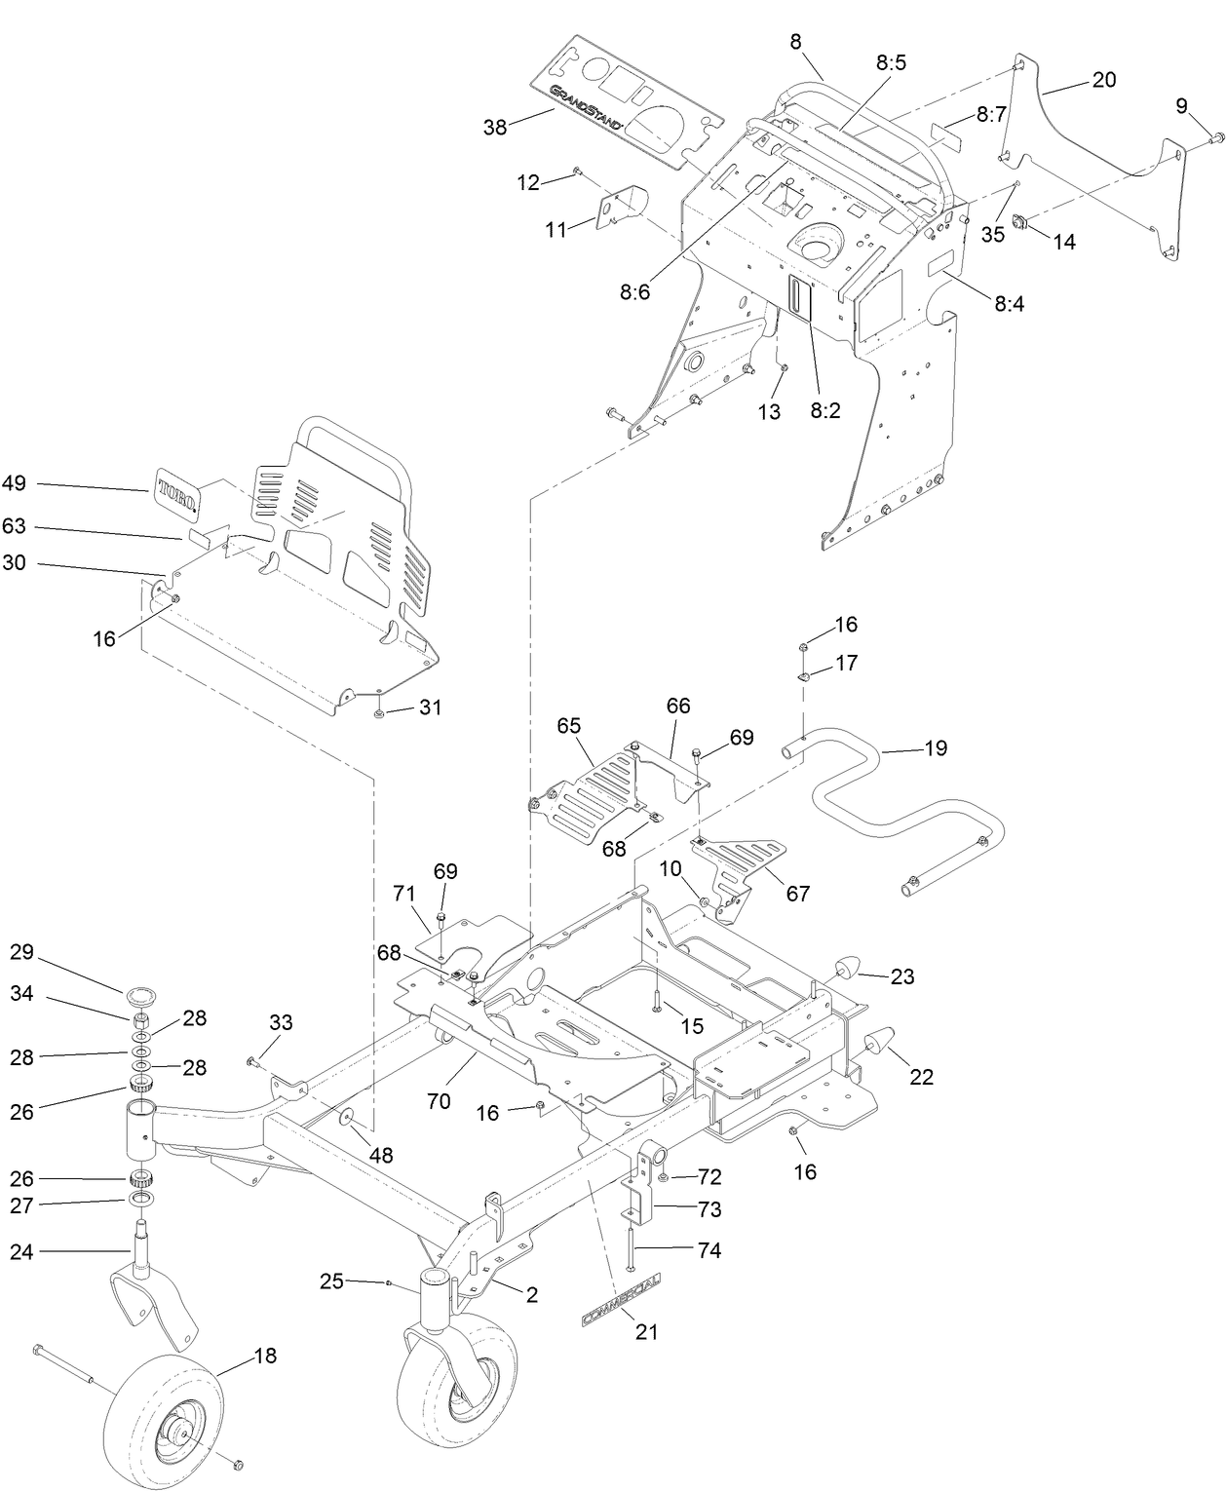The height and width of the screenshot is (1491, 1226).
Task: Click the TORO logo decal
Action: [176, 489]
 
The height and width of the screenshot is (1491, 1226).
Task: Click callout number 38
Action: [495, 127]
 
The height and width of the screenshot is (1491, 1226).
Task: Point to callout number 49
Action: [15, 483]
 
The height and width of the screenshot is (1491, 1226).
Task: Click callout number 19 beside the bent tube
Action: [936, 748]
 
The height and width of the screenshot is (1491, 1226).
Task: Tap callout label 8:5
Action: [891, 62]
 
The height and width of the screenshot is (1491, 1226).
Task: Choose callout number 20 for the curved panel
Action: [1103, 80]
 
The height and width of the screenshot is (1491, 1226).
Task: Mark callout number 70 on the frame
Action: [439, 1101]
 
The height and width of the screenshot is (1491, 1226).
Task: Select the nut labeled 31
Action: [379, 714]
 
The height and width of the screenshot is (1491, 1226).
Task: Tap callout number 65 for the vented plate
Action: [568, 726]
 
